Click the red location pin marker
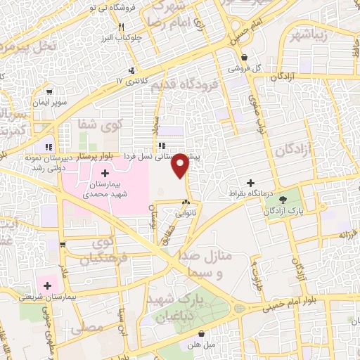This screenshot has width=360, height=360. pyautogui.click(x=181, y=164)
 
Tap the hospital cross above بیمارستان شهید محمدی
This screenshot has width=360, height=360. pyautogui.click(x=105, y=173)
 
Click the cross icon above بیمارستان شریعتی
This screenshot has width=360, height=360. pyautogui.click(x=47, y=285)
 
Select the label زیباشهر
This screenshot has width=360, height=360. pyautogui.click(x=304, y=34)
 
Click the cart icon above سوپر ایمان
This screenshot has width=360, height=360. pyautogui.click(x=49, y=91)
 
